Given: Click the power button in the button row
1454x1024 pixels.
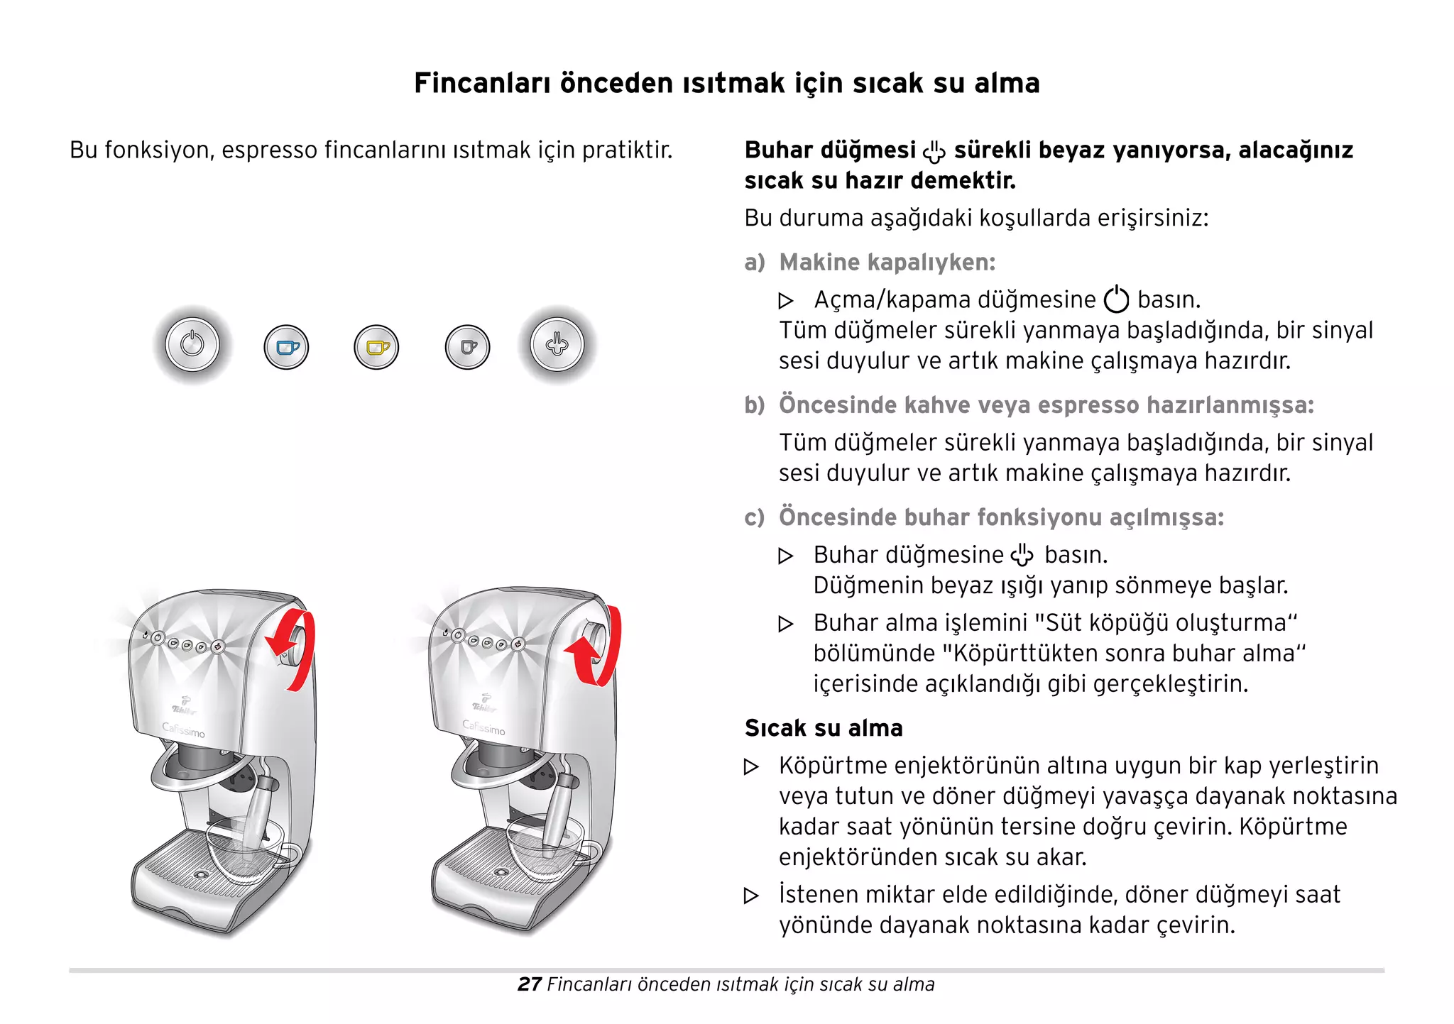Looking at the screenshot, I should coord(192,345).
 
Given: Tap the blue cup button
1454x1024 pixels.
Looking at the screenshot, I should coord(286,347).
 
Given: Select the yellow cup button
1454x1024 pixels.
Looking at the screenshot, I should coord(376,347).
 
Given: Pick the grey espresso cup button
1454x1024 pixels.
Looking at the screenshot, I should coord(467,347).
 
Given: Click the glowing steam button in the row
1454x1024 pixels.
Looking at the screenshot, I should coord(557,345).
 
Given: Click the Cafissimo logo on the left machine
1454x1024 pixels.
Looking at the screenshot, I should coord(183,730).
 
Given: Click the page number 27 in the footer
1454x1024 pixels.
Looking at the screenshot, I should coord(530,984).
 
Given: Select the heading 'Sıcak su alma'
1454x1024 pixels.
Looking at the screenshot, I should coord(824,728).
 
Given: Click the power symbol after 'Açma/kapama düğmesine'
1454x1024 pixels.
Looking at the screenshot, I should coord(1116,299).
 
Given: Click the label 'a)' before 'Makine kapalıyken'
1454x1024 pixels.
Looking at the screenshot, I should coord(755,263).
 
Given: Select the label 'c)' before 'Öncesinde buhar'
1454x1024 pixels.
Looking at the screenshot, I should coord(755,517).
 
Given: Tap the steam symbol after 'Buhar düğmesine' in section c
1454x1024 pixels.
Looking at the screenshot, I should coord(1022,555).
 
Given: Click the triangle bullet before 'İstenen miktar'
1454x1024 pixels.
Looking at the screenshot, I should coord(751,896).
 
